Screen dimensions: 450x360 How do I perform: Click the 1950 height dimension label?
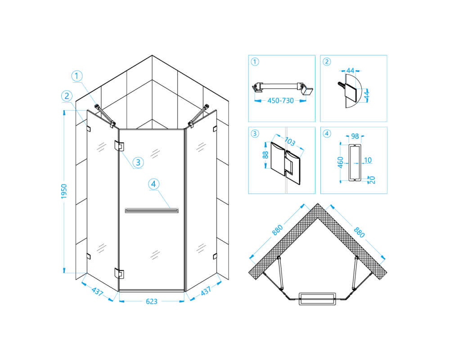64,191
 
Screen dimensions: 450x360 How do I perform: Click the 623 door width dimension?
152,301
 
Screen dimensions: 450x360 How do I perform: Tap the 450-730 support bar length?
280,101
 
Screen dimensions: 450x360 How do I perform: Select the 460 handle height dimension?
340,162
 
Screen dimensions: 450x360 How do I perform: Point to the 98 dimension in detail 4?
355,136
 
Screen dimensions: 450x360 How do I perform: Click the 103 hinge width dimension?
290,141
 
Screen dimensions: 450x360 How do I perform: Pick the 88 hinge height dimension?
265,155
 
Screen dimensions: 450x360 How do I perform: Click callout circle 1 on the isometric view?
76,76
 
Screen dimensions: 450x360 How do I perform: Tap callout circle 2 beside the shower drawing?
67,96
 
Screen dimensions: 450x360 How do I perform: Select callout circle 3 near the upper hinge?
138,162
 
